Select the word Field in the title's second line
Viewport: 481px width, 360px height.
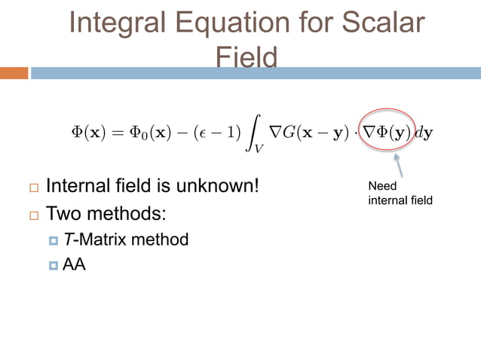pos(247,57)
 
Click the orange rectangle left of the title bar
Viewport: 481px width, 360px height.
pos(14,73)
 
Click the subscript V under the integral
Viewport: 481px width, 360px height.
pos(259,148)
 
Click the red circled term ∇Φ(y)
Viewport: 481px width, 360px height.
pos(387,131)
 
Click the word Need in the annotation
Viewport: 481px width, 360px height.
pos(381,186)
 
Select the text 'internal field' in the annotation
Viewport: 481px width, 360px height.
pos(400,201)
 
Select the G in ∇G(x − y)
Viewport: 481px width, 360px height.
pos(289,131)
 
